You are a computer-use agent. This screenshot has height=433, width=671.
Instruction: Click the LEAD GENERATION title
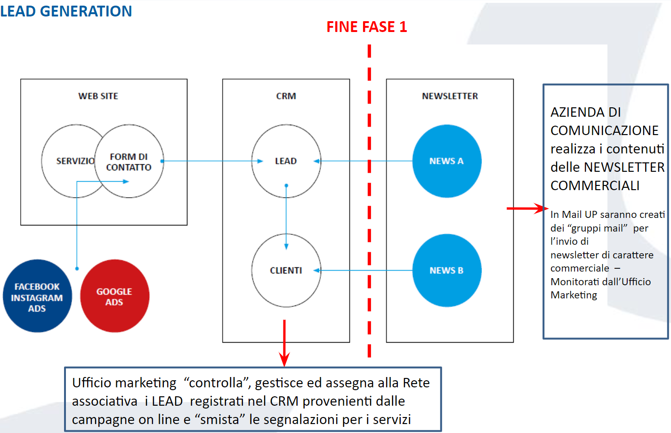coord(66,11)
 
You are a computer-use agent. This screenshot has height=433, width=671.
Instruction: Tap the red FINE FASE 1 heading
coord(366,27)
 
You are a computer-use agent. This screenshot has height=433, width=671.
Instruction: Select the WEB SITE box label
coord(98,96)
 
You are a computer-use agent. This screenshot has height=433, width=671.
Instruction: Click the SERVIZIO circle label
coord(75,161)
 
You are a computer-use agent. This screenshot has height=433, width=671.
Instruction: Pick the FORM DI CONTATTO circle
coord(129,161)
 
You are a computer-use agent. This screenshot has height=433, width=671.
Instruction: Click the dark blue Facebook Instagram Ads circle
coord(37,297)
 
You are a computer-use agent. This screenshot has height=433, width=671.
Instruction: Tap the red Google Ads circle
coord(114,297)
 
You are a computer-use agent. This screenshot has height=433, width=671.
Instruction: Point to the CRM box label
coord(286,96)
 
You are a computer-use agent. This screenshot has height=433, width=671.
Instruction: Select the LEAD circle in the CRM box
coord(286,161)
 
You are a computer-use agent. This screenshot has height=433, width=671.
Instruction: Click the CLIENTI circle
coord(286,271)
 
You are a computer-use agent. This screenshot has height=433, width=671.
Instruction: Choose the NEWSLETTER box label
coord(450,96)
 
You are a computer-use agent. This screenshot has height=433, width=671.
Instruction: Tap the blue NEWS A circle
coord(446,161)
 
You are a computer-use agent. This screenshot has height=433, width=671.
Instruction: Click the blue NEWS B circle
coord(446,271)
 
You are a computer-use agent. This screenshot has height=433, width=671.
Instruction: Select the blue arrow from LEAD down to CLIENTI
coord(286,216)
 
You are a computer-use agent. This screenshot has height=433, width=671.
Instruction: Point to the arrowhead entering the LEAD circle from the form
coord(260,161)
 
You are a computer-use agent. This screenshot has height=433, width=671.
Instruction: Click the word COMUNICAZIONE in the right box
coord(604,130)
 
